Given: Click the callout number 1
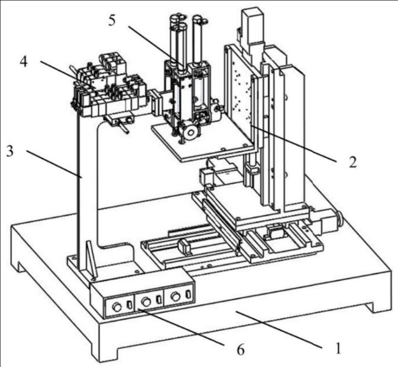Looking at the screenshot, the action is coord(338,348).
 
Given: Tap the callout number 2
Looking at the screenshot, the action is coord(353,162).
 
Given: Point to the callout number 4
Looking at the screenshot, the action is coord(24,62).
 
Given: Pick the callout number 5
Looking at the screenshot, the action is coord(112,20).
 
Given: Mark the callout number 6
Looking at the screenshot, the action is coord(240,350).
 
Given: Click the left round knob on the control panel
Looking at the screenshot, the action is coord(117,307).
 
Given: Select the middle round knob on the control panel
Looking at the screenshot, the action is coord(146,302).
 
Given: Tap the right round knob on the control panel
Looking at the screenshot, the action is coord(176,296).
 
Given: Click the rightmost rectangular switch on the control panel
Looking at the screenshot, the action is coord(188,294).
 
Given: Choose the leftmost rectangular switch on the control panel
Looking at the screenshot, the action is coord(129,304).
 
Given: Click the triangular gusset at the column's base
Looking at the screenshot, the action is coord(91,259).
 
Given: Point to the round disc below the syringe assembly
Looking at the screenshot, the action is coord(191,132).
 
